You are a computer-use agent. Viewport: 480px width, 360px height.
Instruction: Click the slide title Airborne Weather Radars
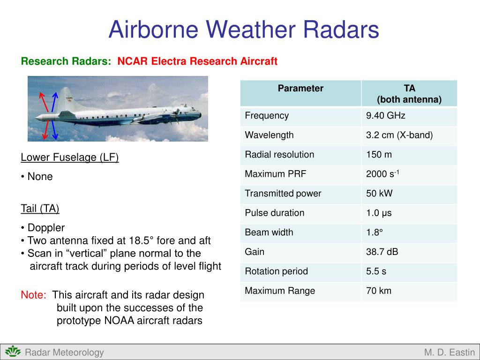coord(243,30)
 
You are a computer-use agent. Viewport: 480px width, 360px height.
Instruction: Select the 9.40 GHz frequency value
coord(385,116)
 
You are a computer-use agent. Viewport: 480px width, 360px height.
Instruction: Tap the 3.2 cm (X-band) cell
coord(399,135)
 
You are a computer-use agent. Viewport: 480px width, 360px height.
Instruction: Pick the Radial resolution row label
coord(279,155)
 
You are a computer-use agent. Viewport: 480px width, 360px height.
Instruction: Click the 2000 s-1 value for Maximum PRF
coord(382,174)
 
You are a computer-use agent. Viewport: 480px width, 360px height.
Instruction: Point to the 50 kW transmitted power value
coord(379,194)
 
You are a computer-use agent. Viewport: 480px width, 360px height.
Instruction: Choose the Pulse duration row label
coord(274,213)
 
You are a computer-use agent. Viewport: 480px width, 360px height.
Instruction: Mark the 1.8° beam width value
coord(375,232)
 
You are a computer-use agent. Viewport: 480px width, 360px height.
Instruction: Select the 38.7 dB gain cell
coord(382,252)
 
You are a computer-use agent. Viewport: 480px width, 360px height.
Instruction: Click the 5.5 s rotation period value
coord(376,271)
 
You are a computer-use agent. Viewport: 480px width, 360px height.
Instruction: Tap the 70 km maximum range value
coord(378,291)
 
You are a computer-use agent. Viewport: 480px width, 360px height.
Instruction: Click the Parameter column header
coord(300,89)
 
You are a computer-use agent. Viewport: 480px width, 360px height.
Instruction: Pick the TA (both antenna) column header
coord(409,94)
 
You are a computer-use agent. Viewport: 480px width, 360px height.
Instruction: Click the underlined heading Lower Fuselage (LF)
coord(70,157)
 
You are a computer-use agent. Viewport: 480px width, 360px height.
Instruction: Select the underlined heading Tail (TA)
coord(40,209)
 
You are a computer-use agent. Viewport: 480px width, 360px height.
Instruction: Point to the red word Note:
coord(34,295)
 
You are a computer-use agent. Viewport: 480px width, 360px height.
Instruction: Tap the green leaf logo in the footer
coord(13,352)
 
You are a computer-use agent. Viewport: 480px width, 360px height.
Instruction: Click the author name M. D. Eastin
coord(449,352)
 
